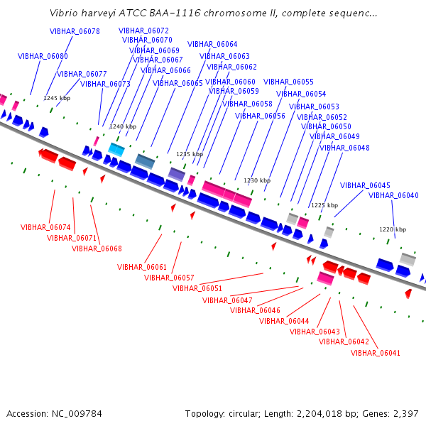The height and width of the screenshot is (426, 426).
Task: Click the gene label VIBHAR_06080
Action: (43, 56)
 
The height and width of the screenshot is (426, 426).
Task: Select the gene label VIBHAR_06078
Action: (75, 31)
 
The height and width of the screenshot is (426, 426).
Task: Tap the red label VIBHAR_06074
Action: (45, 227)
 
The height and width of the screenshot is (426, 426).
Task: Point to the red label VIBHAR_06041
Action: (376, 353)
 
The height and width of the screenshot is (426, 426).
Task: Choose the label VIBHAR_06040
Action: (393, 195)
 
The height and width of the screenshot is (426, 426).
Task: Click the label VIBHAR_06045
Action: (365, 185)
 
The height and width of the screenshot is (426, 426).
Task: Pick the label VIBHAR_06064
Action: (212, 44)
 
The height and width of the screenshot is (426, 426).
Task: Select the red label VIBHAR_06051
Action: (197, 288)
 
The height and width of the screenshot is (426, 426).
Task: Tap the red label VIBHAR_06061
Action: (142, 267)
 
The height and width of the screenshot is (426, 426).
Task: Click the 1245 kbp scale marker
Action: (57, 98)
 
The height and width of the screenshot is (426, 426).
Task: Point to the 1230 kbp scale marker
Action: (257, 180)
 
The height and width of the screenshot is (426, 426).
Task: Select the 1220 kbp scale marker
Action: (393, 229)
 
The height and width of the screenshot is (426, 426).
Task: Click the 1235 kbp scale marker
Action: (190, 154)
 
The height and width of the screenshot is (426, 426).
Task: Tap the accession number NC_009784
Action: (77, 414)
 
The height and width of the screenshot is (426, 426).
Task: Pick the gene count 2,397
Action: (406, 414)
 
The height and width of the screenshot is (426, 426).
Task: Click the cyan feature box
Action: (116, 149)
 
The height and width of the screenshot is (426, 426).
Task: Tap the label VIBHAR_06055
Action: (288, 82)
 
